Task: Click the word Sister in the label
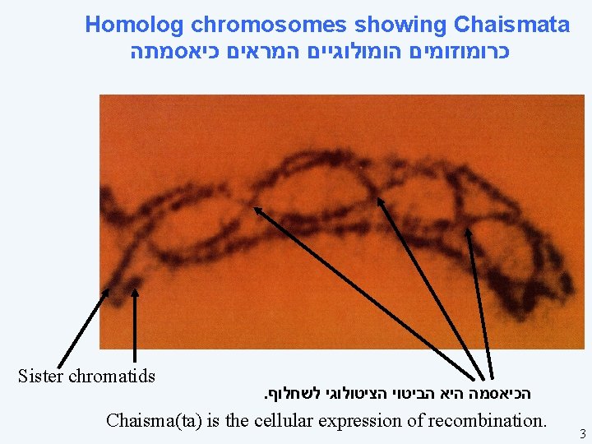40,377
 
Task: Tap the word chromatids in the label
112,377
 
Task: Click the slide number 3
581,433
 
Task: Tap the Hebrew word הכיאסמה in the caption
497,393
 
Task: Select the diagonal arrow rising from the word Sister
82,326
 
